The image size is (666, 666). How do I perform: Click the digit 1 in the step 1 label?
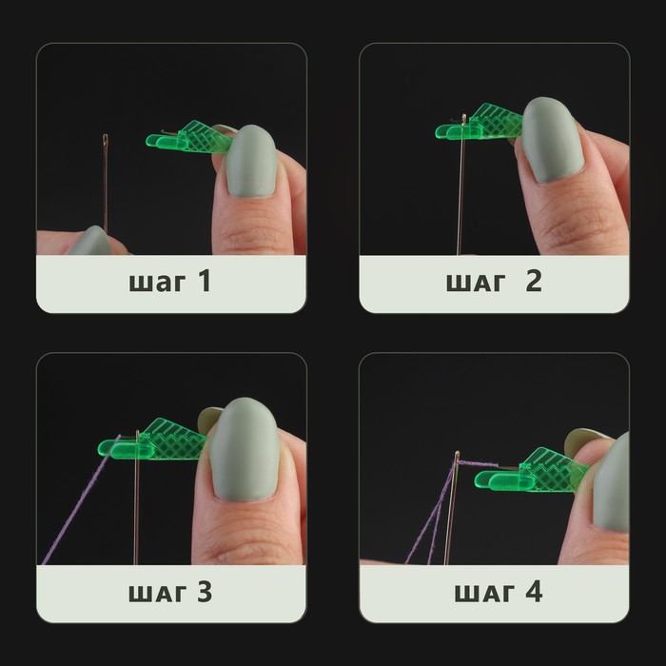pos(205,281)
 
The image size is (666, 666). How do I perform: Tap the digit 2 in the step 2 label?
pos(534,281)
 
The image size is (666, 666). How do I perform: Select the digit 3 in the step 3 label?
pos(205,591)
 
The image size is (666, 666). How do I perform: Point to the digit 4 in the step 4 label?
pos(534,591)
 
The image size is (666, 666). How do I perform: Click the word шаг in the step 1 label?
pos(157,284)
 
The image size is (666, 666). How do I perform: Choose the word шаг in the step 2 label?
pos(476,284)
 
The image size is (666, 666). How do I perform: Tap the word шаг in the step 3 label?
pos(157,594)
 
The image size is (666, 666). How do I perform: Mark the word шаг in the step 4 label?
pos(484,594)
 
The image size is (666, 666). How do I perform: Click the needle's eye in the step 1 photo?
pos(105,139)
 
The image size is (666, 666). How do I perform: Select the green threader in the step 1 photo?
pos(189,138)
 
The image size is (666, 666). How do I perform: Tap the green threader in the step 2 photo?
pos(480,123)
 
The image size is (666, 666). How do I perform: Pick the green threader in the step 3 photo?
pos(153,440)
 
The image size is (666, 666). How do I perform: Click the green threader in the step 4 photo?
pos(533,471)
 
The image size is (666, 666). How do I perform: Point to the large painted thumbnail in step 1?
pos(251,162)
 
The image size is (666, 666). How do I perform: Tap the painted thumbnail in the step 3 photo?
pos(245,449)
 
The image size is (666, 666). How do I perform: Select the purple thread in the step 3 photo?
pos(81,499)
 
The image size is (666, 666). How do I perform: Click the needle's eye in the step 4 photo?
pos(457,460)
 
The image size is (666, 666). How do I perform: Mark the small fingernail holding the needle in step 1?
pos(90,241)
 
